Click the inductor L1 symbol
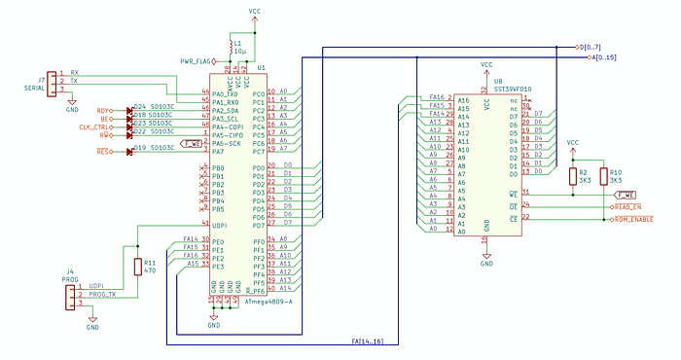tap(229, 45)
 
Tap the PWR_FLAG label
tap(198, 60)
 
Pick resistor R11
tap(135, 265)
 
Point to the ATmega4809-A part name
tap(256, 302)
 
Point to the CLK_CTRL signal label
tap(94, 127)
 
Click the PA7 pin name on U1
tap(221, 152)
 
